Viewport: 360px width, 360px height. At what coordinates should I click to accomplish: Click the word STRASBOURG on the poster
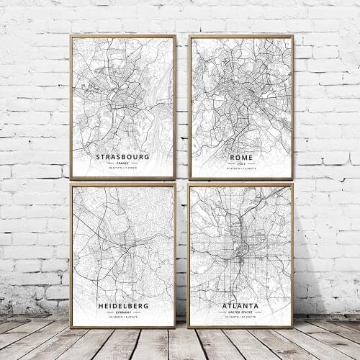click(x=122, y=156)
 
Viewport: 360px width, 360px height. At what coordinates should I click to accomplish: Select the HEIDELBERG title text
click(x=122, y=306)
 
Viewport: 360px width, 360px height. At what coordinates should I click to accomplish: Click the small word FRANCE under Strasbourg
click(x=122, y=163)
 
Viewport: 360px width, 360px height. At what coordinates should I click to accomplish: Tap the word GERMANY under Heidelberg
click(x=122, y=312)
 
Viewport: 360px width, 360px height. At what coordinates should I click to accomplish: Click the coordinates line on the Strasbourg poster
click(x=122, y=168)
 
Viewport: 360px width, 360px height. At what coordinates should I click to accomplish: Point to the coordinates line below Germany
click(x=122, y=318)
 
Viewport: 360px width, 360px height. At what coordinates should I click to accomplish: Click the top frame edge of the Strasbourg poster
click(x=122, y=36)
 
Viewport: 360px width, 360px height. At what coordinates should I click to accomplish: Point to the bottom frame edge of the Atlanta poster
click(x=240, y=326)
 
